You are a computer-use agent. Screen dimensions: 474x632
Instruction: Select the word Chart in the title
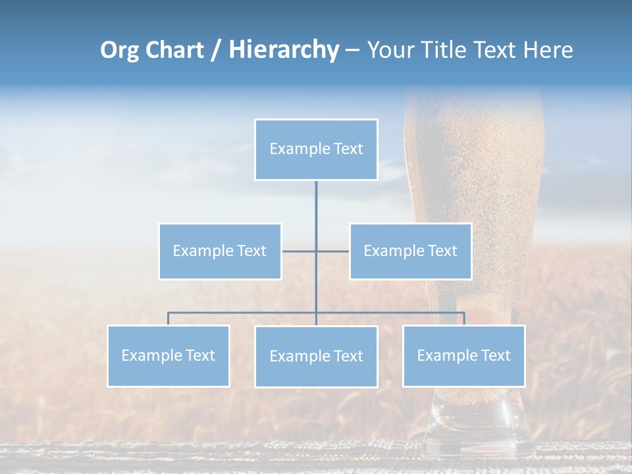click(175, 50)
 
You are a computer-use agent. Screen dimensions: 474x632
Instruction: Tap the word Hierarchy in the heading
click(284, 50)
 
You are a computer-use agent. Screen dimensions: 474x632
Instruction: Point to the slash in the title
click(215, 50)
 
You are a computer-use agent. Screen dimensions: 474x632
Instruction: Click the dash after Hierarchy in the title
click(352, 50)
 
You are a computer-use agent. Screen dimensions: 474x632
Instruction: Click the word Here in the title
click(548, 50)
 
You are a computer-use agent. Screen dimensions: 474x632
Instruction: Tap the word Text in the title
click(494, 50)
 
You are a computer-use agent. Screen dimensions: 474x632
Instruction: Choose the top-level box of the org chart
click(316, 149)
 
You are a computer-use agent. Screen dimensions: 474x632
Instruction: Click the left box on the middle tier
click(220, 251)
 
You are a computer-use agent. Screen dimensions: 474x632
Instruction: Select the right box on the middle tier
click(410, 251)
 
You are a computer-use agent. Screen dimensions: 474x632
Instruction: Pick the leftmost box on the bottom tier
click(169, 356)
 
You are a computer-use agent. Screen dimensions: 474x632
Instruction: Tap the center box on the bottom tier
click(316, 357)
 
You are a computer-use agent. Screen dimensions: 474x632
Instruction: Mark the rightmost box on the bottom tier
click(463, 356)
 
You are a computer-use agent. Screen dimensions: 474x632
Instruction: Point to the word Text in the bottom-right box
click(495, 356)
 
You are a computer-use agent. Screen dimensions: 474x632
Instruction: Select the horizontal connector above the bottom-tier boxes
click(244, 313)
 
